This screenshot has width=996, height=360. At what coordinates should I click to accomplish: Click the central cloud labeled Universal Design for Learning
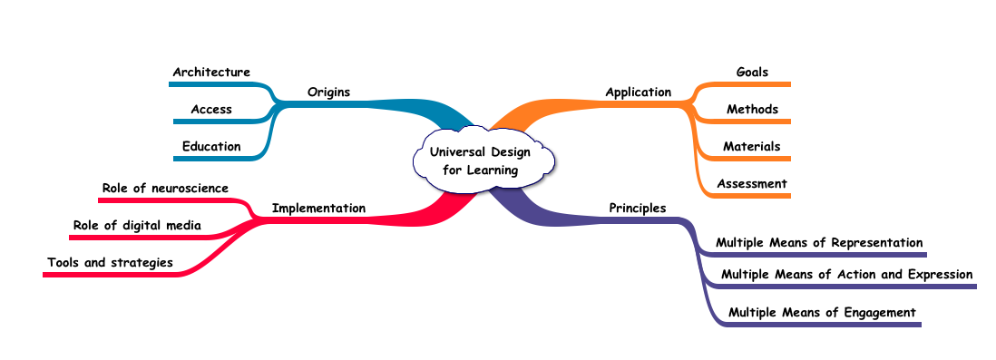pyautogui.click(x=481, y=161)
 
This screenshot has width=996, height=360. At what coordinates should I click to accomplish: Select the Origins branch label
pyautogui.click(x=328, y=92)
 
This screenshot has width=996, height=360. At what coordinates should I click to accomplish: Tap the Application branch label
pyautogui.click(x=638, y=92)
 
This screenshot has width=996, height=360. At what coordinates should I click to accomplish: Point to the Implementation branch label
pyautogui.click(x=318, y=208)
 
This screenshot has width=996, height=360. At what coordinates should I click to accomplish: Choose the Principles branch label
pyautogui.click(x=637, y=208)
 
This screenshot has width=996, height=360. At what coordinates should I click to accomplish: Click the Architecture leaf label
pyautogui.click(x=211, y=72)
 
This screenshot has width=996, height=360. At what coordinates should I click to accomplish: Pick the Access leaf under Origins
pyautogui.click(x=211, y=109)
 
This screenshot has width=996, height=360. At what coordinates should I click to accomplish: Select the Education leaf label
pyautogui.click(x=211, y=146)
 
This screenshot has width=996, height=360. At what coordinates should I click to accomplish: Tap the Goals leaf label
pyautogui.click(x=752, y=72)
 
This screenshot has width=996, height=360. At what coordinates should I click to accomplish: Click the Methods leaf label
pyautogui.click(x=752, y=109)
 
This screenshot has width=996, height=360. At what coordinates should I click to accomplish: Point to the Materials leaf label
pyautogui.click(x=751, y=146)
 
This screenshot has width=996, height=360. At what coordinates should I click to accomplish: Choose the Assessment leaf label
pyautogui.click(x=751, y=183)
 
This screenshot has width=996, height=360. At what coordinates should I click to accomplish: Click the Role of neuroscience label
pyautogui.click(x=165, y=188)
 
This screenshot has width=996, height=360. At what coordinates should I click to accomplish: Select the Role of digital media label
pyautogui.click(x=137, y=225)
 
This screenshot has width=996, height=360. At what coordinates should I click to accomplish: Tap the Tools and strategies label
pyautogui.click(x=110, y=262)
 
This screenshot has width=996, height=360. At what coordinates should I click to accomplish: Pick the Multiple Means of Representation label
pyautogui.click(x=819, y=242)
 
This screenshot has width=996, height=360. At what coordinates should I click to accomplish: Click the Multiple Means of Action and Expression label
pyautogui.click(x=846, y=274)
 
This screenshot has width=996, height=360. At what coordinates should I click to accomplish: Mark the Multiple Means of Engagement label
pyautogui.click(x=822, y=312)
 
